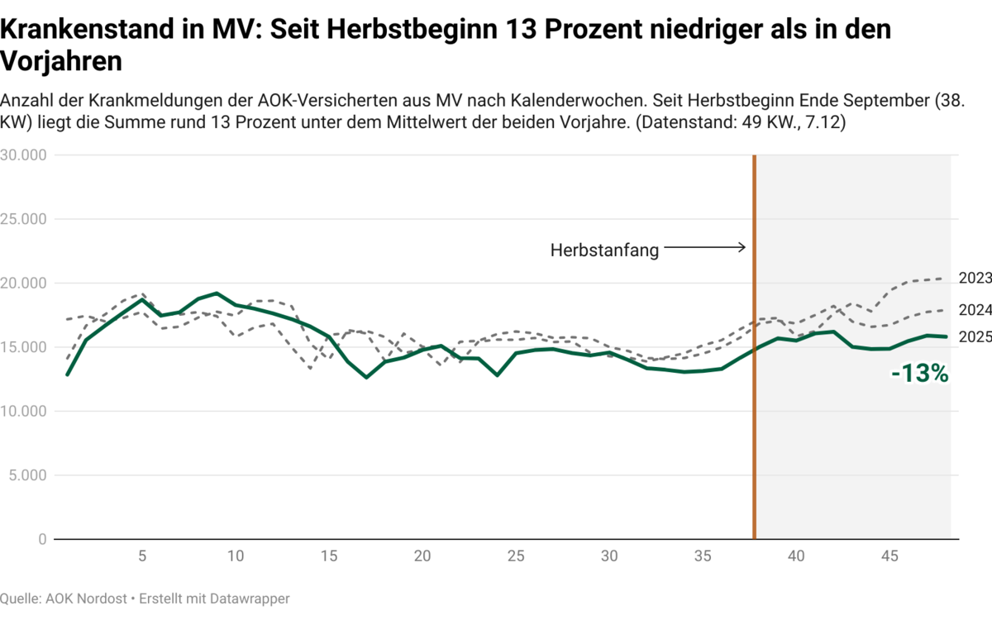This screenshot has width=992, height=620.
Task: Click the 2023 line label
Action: [x=975, y=279]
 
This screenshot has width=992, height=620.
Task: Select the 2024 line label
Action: [x=975, y=310]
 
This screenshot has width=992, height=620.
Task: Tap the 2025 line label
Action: [x=975, y=336]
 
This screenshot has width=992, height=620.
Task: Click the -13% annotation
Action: [x=919, y=374]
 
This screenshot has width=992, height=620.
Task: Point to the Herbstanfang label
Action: [x=604, y=250]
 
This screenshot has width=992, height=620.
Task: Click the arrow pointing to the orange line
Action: [x=704, y=247]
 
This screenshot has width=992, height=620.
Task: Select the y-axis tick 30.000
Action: [x=24, y=155]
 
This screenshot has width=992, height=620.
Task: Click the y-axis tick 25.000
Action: [x=24, y=219]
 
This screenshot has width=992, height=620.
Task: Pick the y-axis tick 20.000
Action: [x=24, y=284]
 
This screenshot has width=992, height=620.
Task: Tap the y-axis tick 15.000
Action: [x=24, y=347]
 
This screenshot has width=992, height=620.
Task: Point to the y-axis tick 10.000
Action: [x=24, y=411]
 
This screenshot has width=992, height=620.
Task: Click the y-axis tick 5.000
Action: [x=27, y=475]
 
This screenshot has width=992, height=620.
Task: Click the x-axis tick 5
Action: [x=142, y=556]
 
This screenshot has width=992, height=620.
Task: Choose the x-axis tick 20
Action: [x=422, y=556]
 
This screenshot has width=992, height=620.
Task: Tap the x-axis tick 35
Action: [x=703, y=556]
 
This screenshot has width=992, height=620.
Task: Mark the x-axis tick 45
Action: [x=889, y=556]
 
